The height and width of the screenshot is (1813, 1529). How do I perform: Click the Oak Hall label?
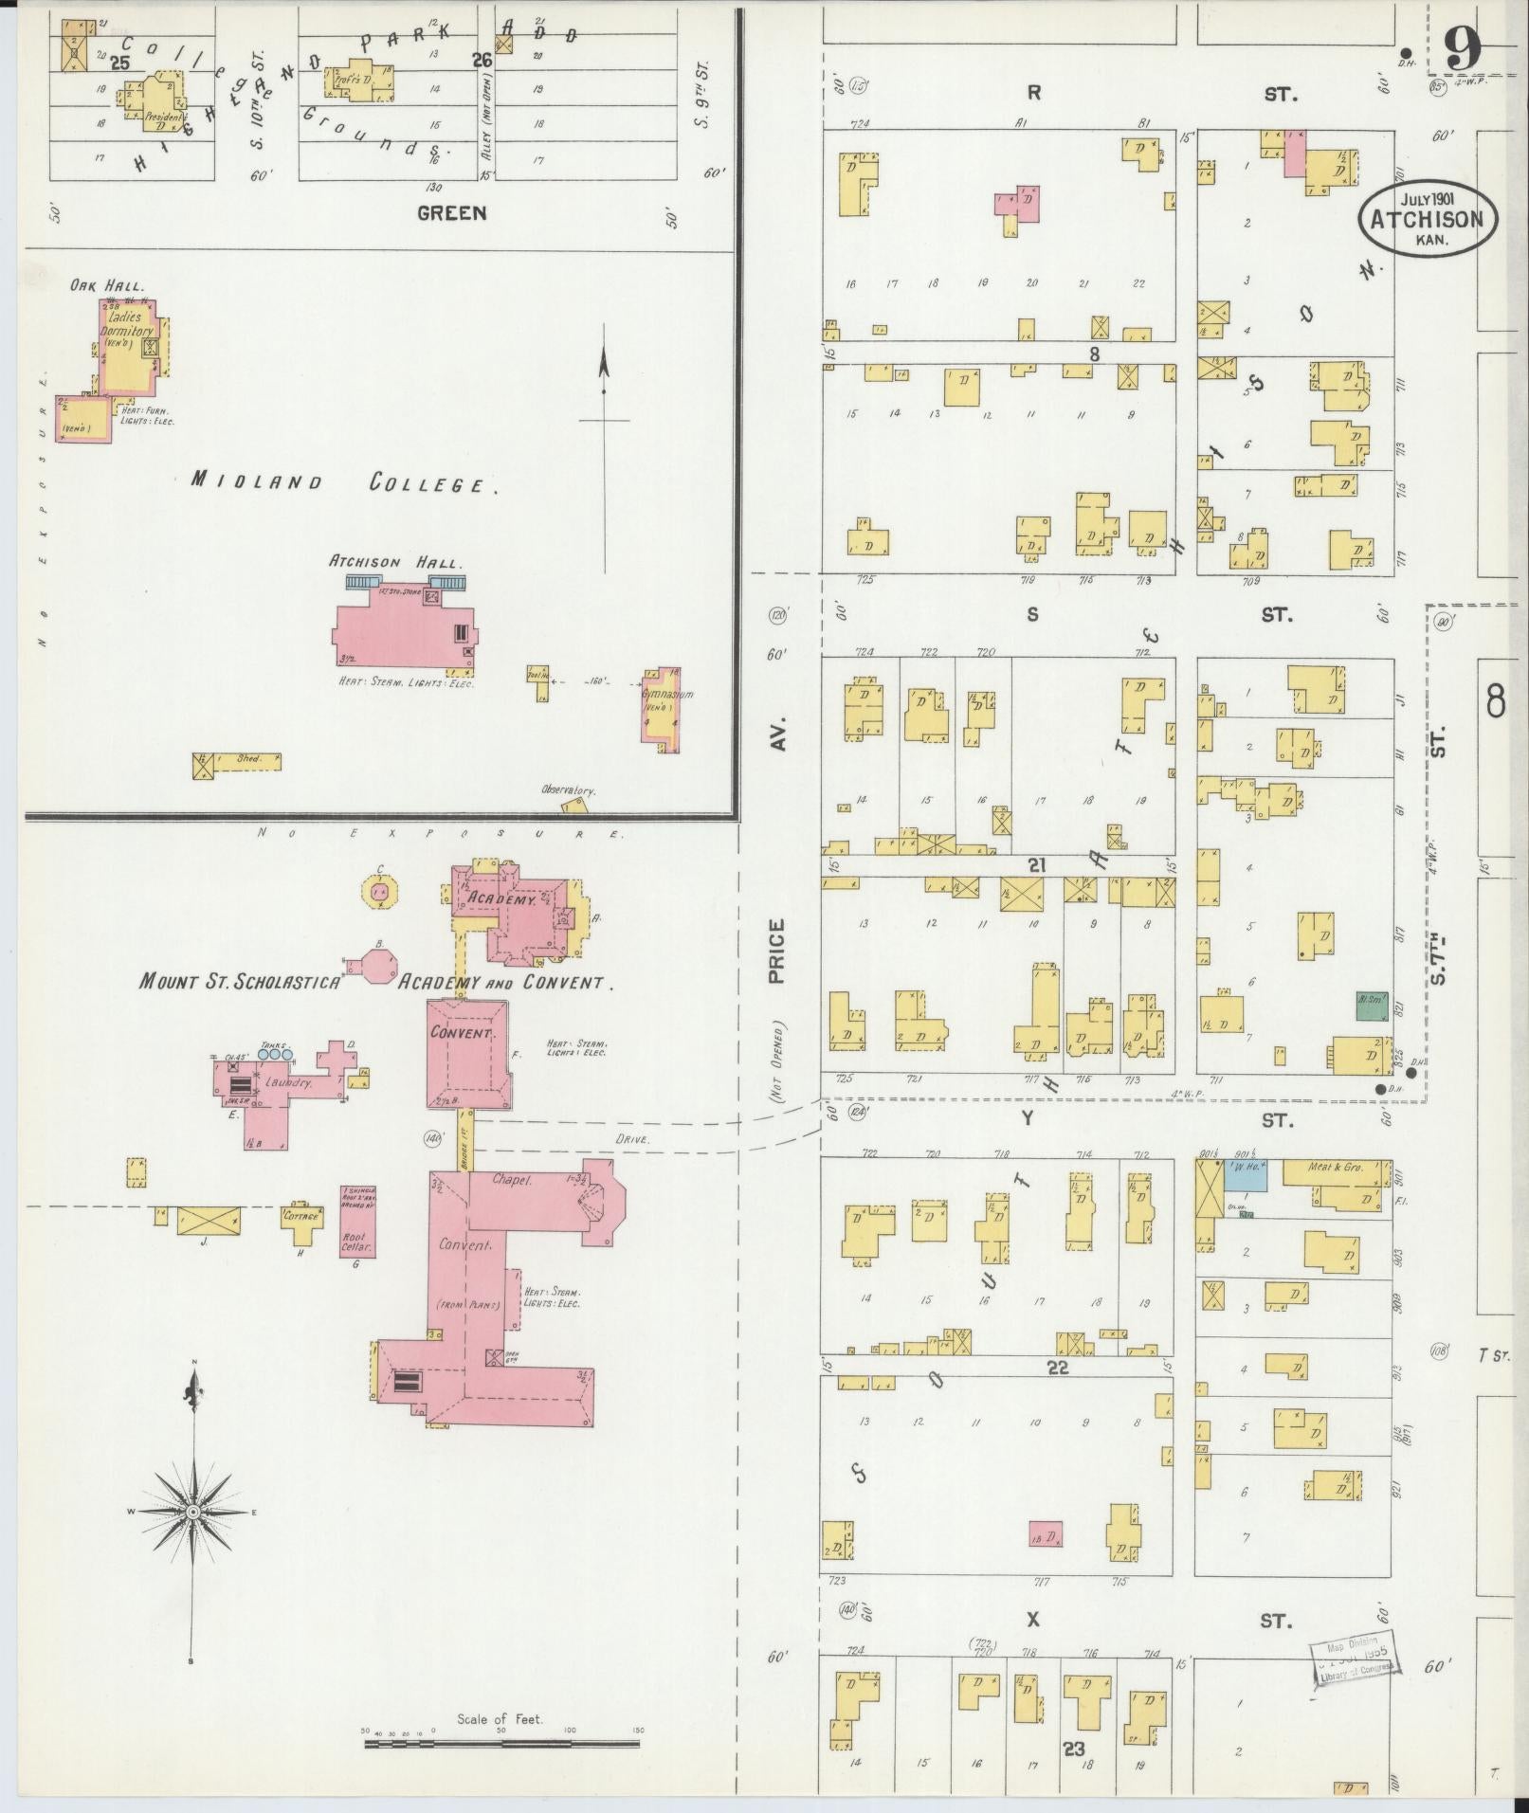(105, 285)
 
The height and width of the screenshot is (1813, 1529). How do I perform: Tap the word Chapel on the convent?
(513, 1179)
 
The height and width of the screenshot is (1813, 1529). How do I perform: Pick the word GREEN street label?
(451, 213)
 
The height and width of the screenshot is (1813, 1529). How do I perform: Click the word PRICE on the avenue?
(777, 952)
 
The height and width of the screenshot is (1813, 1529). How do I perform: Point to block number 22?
(1058, 1367)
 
